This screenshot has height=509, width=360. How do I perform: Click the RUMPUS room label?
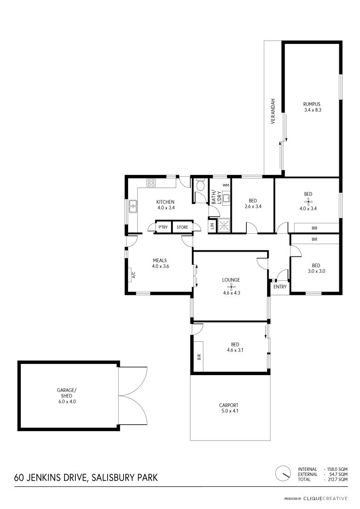click(x=311, y=104)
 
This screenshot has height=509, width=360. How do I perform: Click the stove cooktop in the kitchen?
click(x=151, y=183)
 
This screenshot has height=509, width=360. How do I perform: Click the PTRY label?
click(x=163, y=227)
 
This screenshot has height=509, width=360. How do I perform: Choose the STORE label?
click(x=182, y=227)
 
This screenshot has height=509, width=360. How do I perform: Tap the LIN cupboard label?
click(x=213, y=226)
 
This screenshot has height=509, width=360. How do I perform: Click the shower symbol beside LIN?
click(x=224, y=226)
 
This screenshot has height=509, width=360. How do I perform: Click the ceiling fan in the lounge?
click(x=231, y=287)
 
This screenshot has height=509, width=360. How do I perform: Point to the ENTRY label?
click(x=280, y=287)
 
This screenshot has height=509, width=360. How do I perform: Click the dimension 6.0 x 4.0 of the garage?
click(x=66, y=402)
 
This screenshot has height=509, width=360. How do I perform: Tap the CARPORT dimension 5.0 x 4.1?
click(x=229, y=410)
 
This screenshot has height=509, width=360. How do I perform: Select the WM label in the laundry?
click(x=226, y=185)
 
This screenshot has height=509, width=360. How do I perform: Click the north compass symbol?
click(x=283, y=474)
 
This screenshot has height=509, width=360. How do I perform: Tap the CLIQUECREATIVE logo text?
click(x=325, y=498)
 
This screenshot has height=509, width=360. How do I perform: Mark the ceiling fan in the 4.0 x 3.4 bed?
click(x=308, y=201)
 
